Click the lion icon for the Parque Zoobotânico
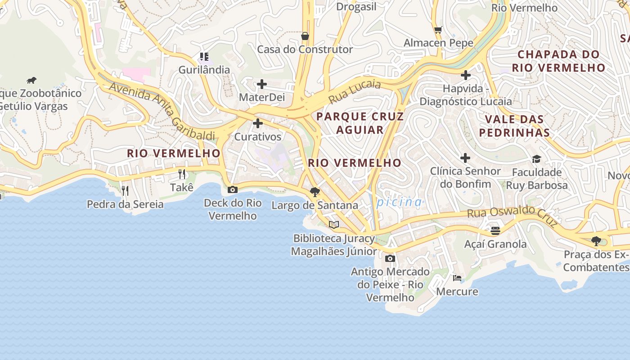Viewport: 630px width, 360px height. (x=31, y=81)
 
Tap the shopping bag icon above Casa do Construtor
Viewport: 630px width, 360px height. (x=305, y=36)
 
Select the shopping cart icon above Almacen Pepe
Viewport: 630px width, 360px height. (x=438, y=30)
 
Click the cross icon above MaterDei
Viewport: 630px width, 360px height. (x=261, y=84)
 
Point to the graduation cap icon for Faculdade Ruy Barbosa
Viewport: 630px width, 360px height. (x=536, y=159)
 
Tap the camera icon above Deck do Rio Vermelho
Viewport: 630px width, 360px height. (x=233, y=189)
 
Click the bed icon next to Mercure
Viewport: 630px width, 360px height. (x=457, y=278)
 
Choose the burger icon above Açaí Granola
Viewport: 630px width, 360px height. (x=495, y=231)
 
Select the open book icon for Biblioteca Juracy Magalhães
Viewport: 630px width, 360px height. (x=333, y=225)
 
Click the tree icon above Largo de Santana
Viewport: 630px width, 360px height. (x=315, y=192)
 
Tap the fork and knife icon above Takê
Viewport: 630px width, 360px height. (x=182, y=174)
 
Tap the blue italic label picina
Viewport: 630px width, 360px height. (x=399, y=202)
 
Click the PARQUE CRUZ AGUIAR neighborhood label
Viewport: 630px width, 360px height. (x=360, y=123)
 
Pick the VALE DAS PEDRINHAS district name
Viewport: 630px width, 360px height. (x=514, y=126)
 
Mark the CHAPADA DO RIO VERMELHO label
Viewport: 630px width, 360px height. (x=558, y=61)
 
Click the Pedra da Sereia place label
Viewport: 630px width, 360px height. (x=125, y=204)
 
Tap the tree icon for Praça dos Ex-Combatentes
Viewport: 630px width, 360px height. (x=596, y=241)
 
